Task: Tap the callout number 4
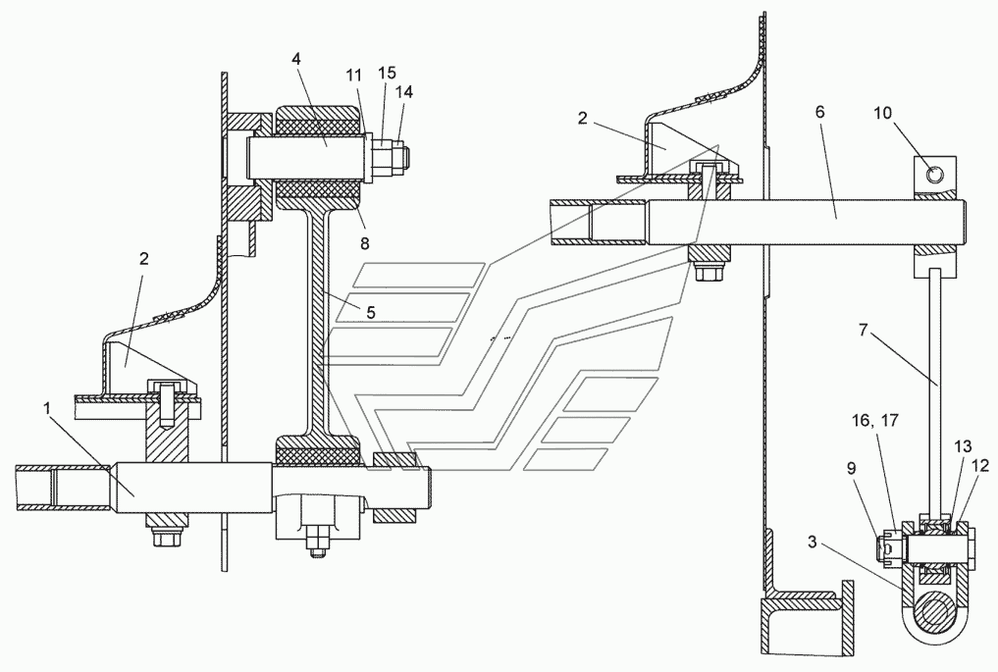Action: [296, 59]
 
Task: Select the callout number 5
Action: [370, 312]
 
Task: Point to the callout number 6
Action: [819, 112]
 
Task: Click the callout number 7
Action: [863, 331]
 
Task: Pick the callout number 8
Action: [364, 242]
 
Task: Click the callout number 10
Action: [882, 113]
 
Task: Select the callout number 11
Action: [354, 76]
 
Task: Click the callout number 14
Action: [403, 92]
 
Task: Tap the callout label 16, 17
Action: [875, 421]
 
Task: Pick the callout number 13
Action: [963, 446]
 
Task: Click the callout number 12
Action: [980, 466]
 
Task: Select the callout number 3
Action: [813, 542]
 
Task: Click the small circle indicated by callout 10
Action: [934, 173]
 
